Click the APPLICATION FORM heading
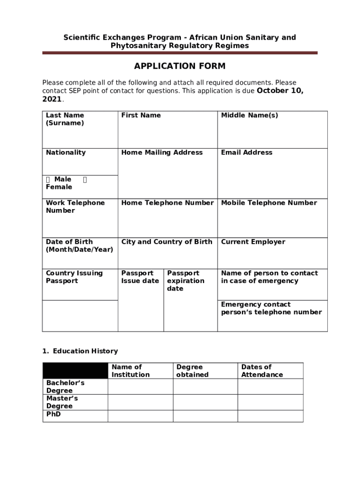180,66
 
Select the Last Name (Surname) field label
65,119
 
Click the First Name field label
141,116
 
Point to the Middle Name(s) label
249,116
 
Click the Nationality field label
65,152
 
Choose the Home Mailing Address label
162,152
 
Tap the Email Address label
246,152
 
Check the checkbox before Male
48,180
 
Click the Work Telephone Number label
75,207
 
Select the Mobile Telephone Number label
269,203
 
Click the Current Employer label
253,242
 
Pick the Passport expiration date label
186,281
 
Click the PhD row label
53,414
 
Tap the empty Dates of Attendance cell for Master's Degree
270,402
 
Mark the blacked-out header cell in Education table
75,370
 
